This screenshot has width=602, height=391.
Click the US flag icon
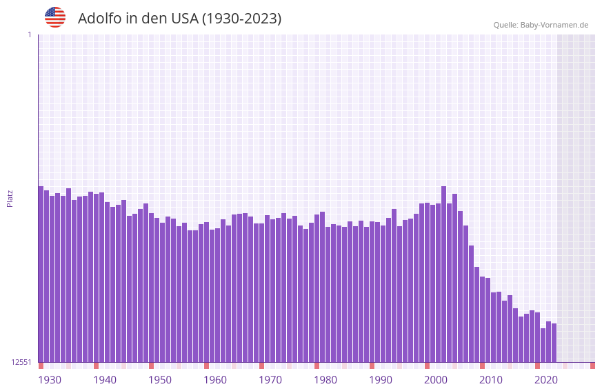(55, 17)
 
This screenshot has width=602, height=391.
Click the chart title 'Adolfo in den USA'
(138, 19)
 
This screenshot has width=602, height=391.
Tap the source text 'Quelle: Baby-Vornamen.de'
(541, 25)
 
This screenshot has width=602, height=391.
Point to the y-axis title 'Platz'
(10, 198)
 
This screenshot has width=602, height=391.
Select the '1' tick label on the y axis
(29, 34)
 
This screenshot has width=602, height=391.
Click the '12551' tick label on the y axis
(21, 362)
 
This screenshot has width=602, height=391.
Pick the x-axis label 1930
(50, 380)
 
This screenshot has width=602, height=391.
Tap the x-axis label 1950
(160, 380)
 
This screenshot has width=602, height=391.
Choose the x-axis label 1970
(270, 380)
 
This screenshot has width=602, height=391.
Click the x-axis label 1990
(381, 380)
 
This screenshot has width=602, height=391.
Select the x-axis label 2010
(491, 380)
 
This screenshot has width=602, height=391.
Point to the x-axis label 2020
(546, 380)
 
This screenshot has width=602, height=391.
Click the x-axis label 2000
(436, 380)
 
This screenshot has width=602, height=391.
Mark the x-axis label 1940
(105, 380)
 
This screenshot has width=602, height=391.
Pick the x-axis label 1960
(215, 380)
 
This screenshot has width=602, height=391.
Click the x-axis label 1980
(325, 380)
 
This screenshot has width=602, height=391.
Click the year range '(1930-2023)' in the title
(241, 19)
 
